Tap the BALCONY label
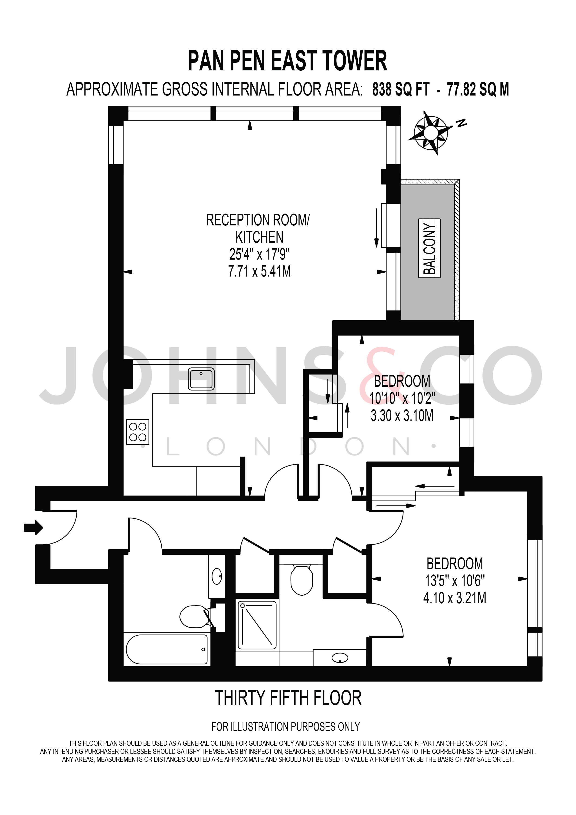click(x=429, y=248)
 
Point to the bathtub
click(x=167, y=649)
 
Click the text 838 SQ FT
click(x=401, y=89)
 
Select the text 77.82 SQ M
click(x=478, y=89)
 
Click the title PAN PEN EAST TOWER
click(x=287, y=61)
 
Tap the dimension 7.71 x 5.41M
click(x=260, y=271)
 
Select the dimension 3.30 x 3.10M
click(x=402, y=415)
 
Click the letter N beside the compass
click(x=461, y=123)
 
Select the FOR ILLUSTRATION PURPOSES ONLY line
click(x=285, y=727)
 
